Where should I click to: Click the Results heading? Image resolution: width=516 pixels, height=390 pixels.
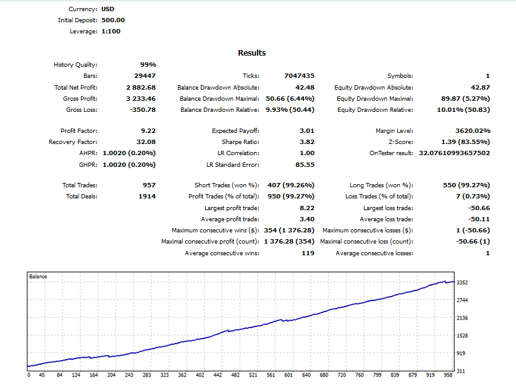252,53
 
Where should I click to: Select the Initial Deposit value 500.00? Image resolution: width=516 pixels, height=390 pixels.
113,20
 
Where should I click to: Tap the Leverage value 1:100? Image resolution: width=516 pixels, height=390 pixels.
111,32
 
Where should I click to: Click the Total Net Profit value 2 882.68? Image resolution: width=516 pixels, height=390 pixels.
141,88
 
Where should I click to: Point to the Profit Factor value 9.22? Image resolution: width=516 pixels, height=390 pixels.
148,130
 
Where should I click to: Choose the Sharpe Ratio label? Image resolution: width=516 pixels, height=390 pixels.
240,142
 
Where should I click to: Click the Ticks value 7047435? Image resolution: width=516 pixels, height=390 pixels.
299,76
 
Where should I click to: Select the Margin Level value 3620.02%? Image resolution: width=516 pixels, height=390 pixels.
473,130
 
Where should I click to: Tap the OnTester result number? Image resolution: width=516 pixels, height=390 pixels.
454,153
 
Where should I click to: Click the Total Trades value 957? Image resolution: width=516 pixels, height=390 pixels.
149,185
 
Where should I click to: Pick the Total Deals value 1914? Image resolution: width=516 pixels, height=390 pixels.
147,197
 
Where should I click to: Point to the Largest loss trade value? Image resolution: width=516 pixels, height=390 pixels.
479,208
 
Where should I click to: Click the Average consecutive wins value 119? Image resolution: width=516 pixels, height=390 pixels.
308,253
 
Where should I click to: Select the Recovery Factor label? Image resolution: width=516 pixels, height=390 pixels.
73,142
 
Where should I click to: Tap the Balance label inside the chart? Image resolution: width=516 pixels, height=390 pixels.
38,276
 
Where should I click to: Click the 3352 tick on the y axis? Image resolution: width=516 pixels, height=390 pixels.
462,282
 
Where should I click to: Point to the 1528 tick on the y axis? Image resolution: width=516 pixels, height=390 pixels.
462,336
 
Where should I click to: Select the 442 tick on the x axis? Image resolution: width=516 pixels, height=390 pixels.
218,375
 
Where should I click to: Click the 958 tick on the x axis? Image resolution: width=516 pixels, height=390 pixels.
448,375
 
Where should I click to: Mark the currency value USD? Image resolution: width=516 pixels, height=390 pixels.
108,9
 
